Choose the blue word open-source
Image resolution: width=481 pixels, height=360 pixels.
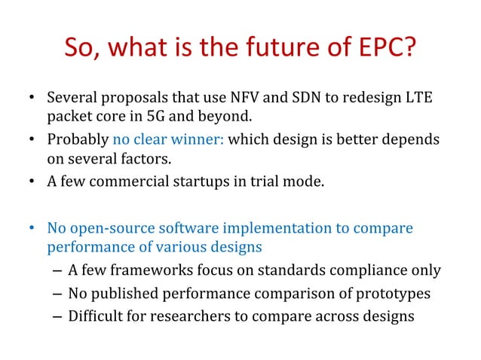point(104,228)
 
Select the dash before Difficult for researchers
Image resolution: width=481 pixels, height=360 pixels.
point(58,316)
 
